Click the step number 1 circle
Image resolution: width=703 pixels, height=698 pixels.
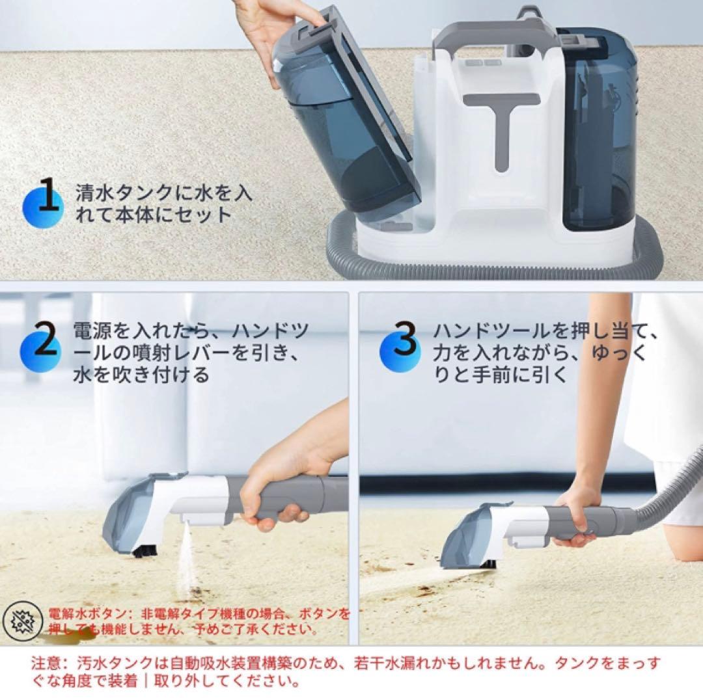click(x=44, y=204)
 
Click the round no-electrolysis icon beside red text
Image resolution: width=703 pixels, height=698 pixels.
click(x=23, y=621)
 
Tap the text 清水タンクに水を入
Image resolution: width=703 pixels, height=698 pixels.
click(x=163, y=194)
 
